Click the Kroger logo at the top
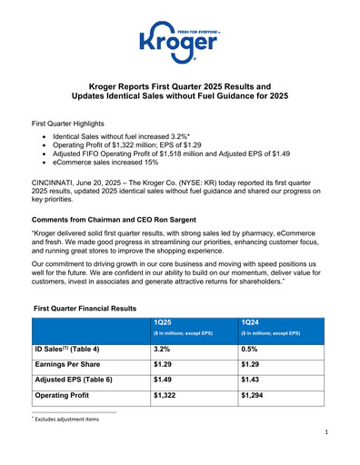tap(180, 40)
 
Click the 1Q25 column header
tap(165, 322)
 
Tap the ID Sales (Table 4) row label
tap(74, 347)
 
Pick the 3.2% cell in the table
tap(165, 347)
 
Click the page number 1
tap(325, 447)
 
